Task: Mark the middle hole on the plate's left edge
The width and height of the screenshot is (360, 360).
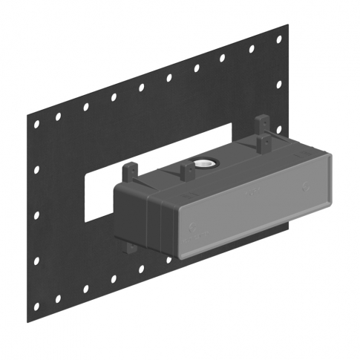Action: coord(35,215)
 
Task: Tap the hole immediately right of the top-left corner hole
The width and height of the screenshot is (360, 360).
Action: coord(58,117)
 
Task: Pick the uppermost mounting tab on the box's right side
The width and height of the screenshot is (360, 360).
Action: coord(261,123)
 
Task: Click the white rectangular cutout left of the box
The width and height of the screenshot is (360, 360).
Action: coord(100,192)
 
